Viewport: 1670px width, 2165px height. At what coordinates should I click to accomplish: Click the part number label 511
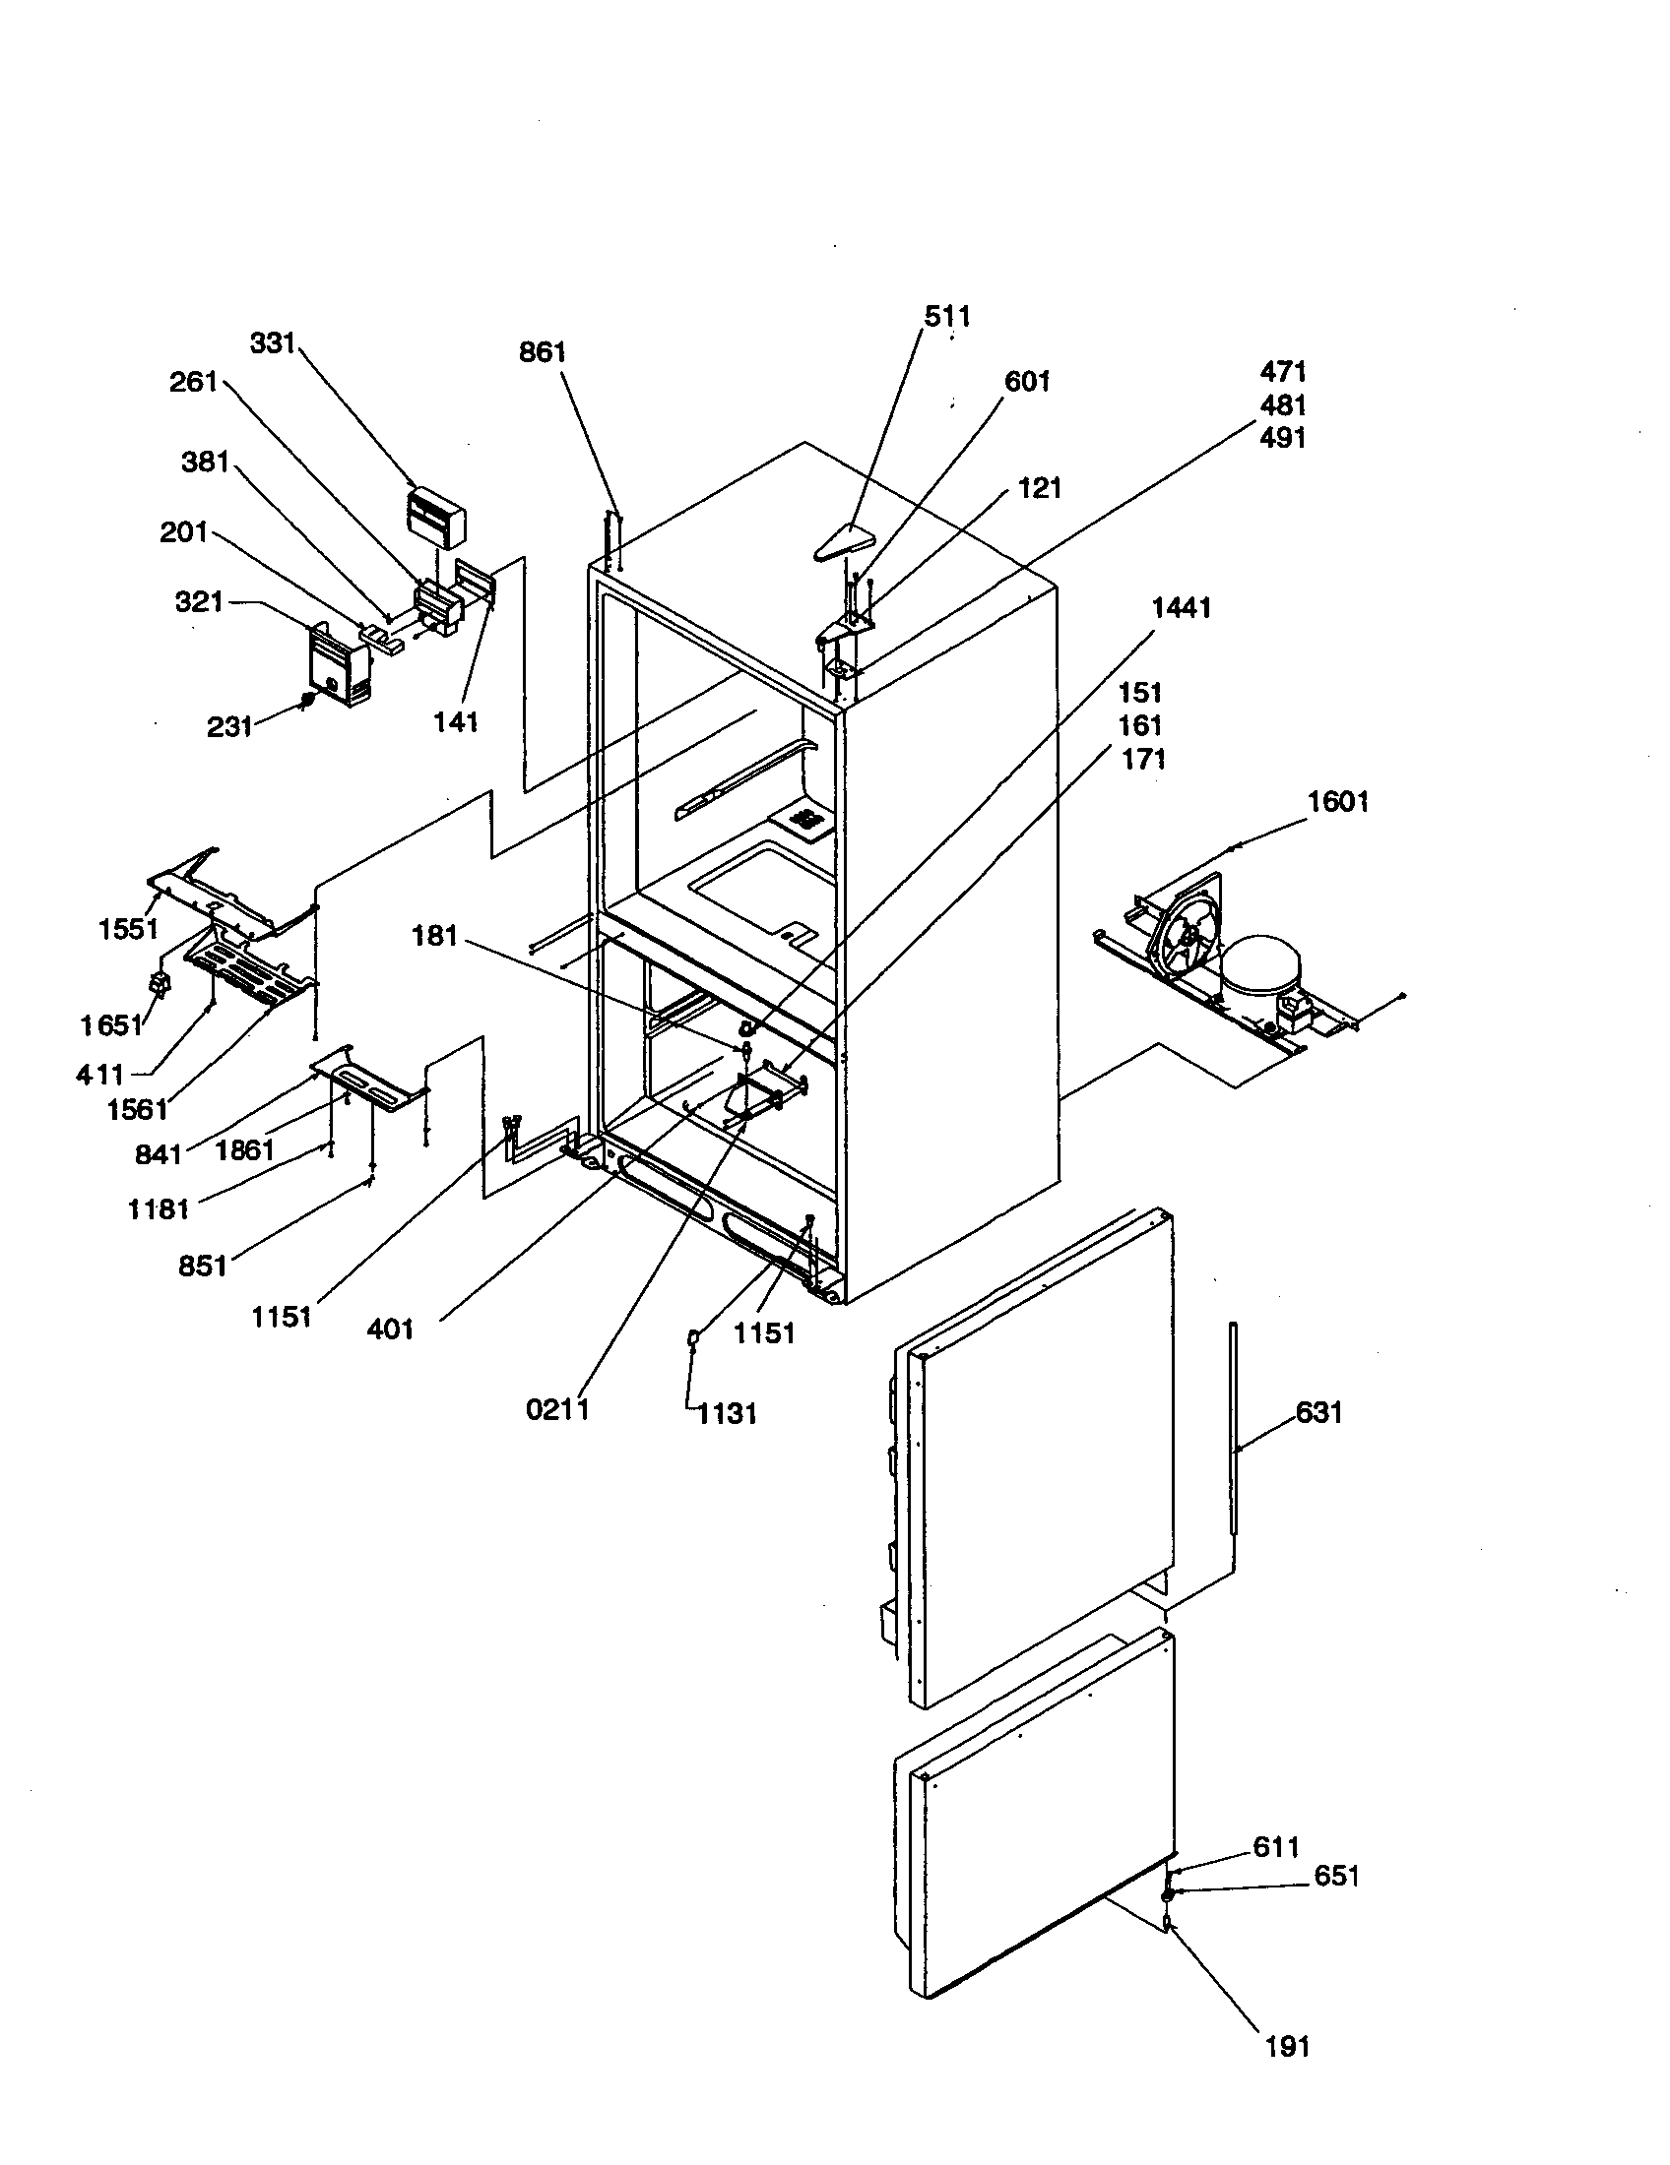(x=947, y=316)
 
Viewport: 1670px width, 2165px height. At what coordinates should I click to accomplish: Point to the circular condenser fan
(x=1187, y=939)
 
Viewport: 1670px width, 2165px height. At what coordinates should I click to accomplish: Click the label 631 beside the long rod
(x=1318, y=1411)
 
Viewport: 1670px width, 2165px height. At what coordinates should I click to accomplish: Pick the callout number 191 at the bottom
(x=1287, y=2045)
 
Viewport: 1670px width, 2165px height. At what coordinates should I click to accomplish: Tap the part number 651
(x=1336, y=1876)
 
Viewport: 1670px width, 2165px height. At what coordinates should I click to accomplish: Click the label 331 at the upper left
(x=272, y=343)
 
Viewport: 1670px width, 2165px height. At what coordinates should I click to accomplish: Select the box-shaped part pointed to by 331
(x=435, y=517)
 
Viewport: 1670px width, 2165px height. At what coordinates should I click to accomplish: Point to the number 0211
(x=557, y=1408)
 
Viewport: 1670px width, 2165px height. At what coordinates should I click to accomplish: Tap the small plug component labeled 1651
(x=157, y=984)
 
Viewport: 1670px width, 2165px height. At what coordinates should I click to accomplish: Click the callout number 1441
(x=1181, y=607)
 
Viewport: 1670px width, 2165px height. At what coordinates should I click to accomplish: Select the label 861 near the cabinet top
(x=543, y=352)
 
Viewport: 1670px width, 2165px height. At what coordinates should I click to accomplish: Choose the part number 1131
(x=727, y=1413)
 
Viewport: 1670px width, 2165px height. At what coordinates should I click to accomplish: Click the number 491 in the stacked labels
(x=1283, y=437)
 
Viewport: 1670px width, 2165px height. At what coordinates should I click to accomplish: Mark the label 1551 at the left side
(x=128, y=929)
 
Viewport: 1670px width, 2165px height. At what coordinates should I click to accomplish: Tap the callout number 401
(x=390, y=1330)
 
